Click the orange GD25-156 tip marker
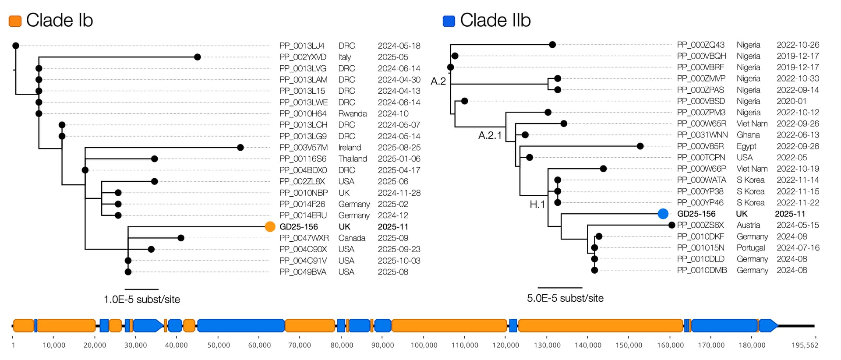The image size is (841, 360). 270,226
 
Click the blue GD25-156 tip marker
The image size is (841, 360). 663,214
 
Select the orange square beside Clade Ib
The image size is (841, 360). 15,21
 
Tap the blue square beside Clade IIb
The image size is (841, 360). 449,21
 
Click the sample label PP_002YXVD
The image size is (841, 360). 303,57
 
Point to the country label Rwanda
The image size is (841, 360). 352,113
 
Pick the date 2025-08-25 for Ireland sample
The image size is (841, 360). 399,148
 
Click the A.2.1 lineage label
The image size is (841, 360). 490,135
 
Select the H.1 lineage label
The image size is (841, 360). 537,205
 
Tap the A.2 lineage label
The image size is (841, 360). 438,81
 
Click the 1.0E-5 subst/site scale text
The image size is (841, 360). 141,300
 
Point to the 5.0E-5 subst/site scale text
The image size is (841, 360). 565,298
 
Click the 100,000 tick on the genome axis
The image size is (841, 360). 424,345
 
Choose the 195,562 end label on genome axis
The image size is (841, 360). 805,345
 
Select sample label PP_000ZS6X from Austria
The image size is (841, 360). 700,225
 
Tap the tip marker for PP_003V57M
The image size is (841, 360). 240,148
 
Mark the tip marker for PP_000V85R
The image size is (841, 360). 640,146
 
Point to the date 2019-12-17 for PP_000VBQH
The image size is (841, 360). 798,56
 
